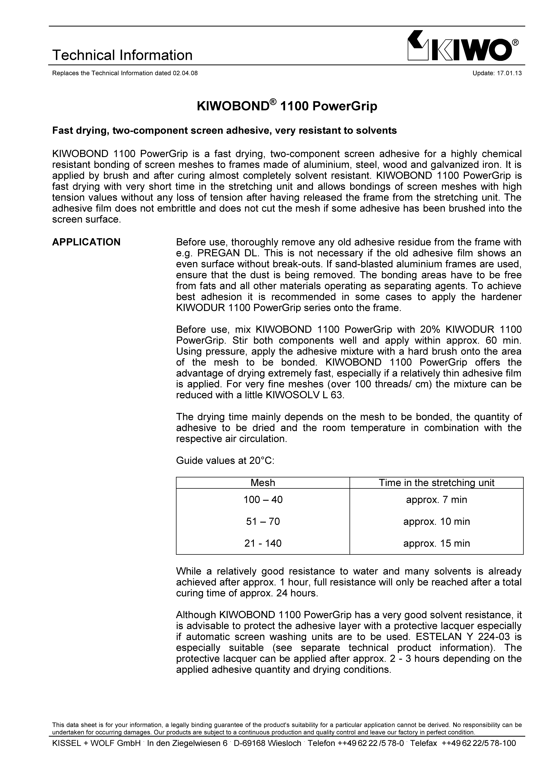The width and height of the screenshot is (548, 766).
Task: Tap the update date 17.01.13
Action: click(509, 73)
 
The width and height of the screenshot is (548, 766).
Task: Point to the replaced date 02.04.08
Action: click(185, 73)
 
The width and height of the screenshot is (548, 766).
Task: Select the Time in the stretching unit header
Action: click(436, 483)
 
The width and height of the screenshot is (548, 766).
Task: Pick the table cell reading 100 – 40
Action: click(263, 500)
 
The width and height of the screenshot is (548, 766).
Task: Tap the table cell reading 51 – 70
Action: click(263, 521)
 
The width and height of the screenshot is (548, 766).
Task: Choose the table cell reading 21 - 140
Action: click(263, 543)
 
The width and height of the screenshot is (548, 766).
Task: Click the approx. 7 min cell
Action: click(436, 500)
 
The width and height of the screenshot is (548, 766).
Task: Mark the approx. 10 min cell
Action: click(436, 521)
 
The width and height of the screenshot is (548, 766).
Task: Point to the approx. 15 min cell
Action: click(436, 543)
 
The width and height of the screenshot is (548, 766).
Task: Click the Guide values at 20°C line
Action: click(225, 461)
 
